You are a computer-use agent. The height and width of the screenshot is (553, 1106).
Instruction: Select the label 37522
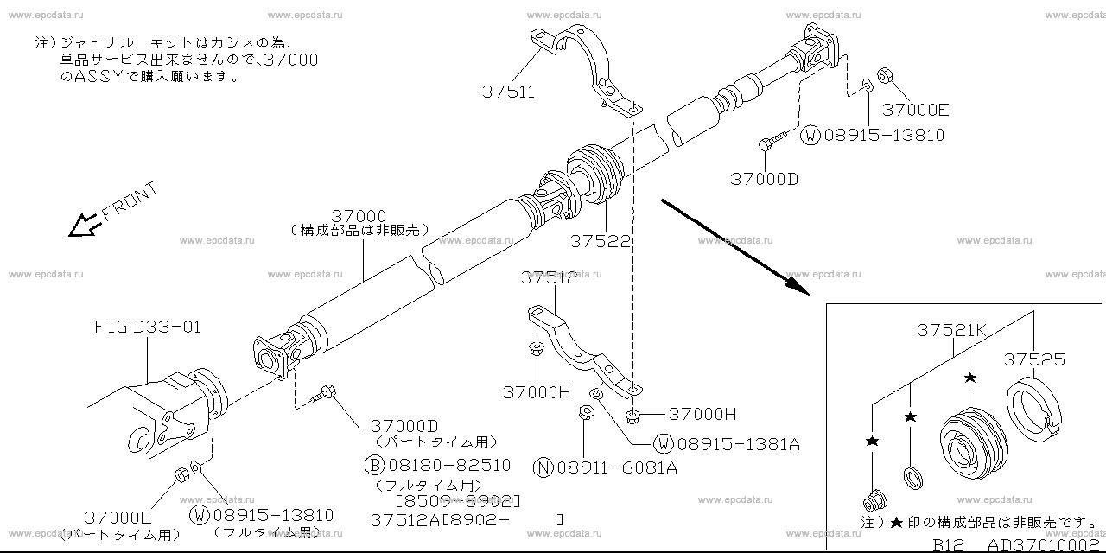point(601,241)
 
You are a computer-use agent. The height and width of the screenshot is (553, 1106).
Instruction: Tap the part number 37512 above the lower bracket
point(550,278)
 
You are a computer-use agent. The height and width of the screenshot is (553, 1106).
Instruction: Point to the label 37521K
point(952,330)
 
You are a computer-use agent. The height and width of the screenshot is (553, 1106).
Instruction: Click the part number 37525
point(1035,360)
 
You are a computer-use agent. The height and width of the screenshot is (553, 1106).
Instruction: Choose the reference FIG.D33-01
point(148,327)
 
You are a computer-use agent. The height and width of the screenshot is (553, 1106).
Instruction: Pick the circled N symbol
point(542,467)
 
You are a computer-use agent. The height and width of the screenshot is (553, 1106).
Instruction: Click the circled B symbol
point(374,466)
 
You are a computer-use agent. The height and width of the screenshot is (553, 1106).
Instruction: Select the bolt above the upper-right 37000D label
point(772,140)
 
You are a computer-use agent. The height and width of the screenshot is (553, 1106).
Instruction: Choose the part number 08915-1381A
point(738,445)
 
